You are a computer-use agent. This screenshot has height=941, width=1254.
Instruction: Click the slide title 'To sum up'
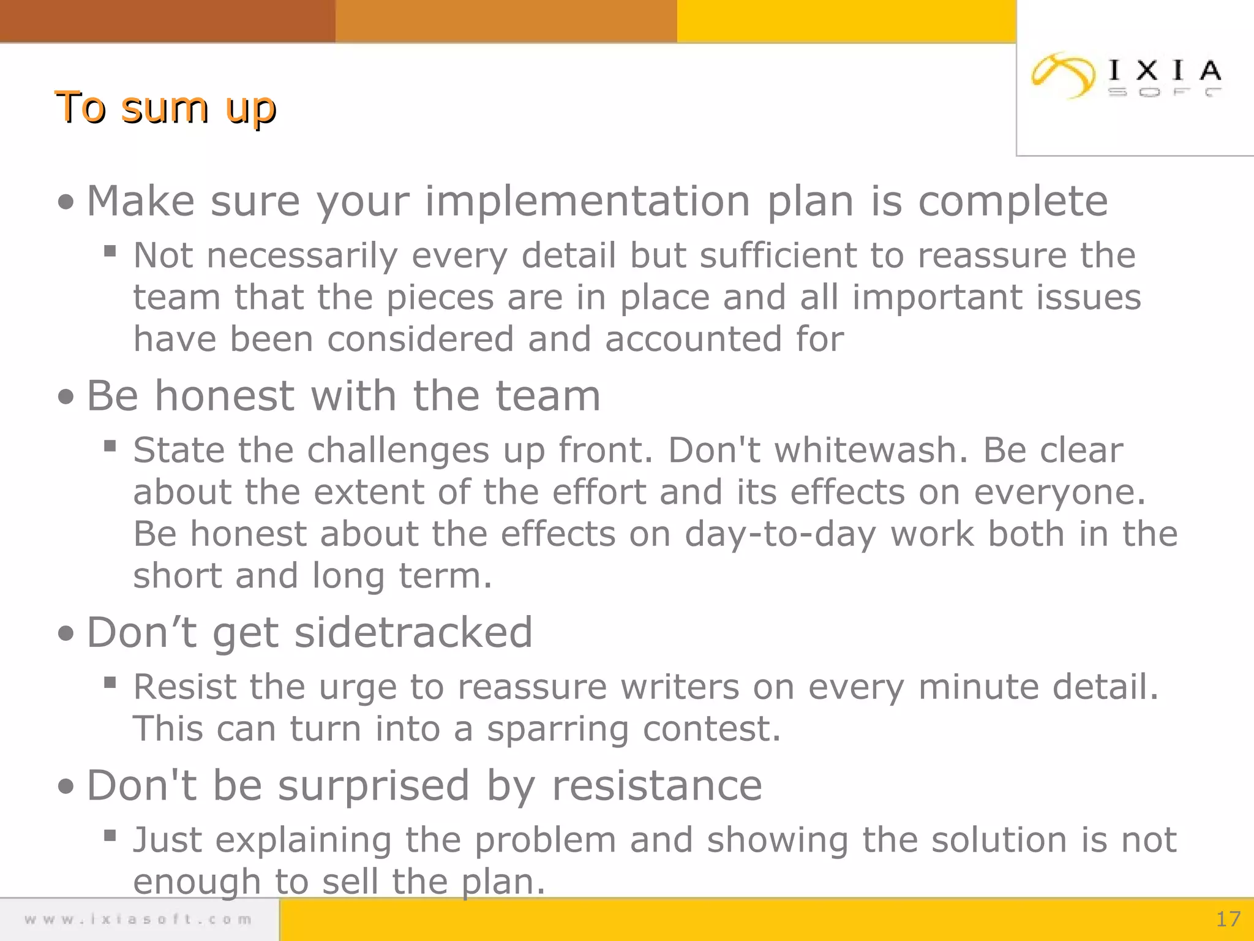(x=165, y=108)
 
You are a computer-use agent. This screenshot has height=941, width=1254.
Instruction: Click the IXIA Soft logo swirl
(x=1063, y=75)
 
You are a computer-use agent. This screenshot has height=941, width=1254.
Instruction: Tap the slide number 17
(x=1228, y=919)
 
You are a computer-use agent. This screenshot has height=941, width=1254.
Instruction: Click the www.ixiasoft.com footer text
(x=138, y=920)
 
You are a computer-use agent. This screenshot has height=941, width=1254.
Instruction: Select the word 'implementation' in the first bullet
(x=587, y=202)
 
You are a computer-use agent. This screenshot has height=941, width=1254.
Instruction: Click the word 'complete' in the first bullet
(x=1013, y=202)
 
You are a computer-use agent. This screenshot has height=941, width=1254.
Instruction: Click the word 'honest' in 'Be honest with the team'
(x=225, y=396)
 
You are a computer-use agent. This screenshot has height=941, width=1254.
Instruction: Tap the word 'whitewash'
(x=871, y=450)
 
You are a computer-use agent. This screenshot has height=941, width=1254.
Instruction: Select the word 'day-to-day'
(x=780, y=534)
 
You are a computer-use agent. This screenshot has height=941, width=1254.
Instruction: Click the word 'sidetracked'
(x=413, y=632)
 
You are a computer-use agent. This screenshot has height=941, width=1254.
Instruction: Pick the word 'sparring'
(x=558, y=729)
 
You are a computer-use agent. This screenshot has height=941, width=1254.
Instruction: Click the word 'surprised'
(x=374, y=785)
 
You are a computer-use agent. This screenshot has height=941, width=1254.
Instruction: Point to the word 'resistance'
(x=657, y=785)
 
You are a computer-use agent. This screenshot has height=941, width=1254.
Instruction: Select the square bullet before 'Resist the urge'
(x=110, y=682)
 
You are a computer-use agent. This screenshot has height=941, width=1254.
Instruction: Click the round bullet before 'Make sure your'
(x=66, y=203)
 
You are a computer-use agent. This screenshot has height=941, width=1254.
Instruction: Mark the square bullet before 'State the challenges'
(x=110, y=445)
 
